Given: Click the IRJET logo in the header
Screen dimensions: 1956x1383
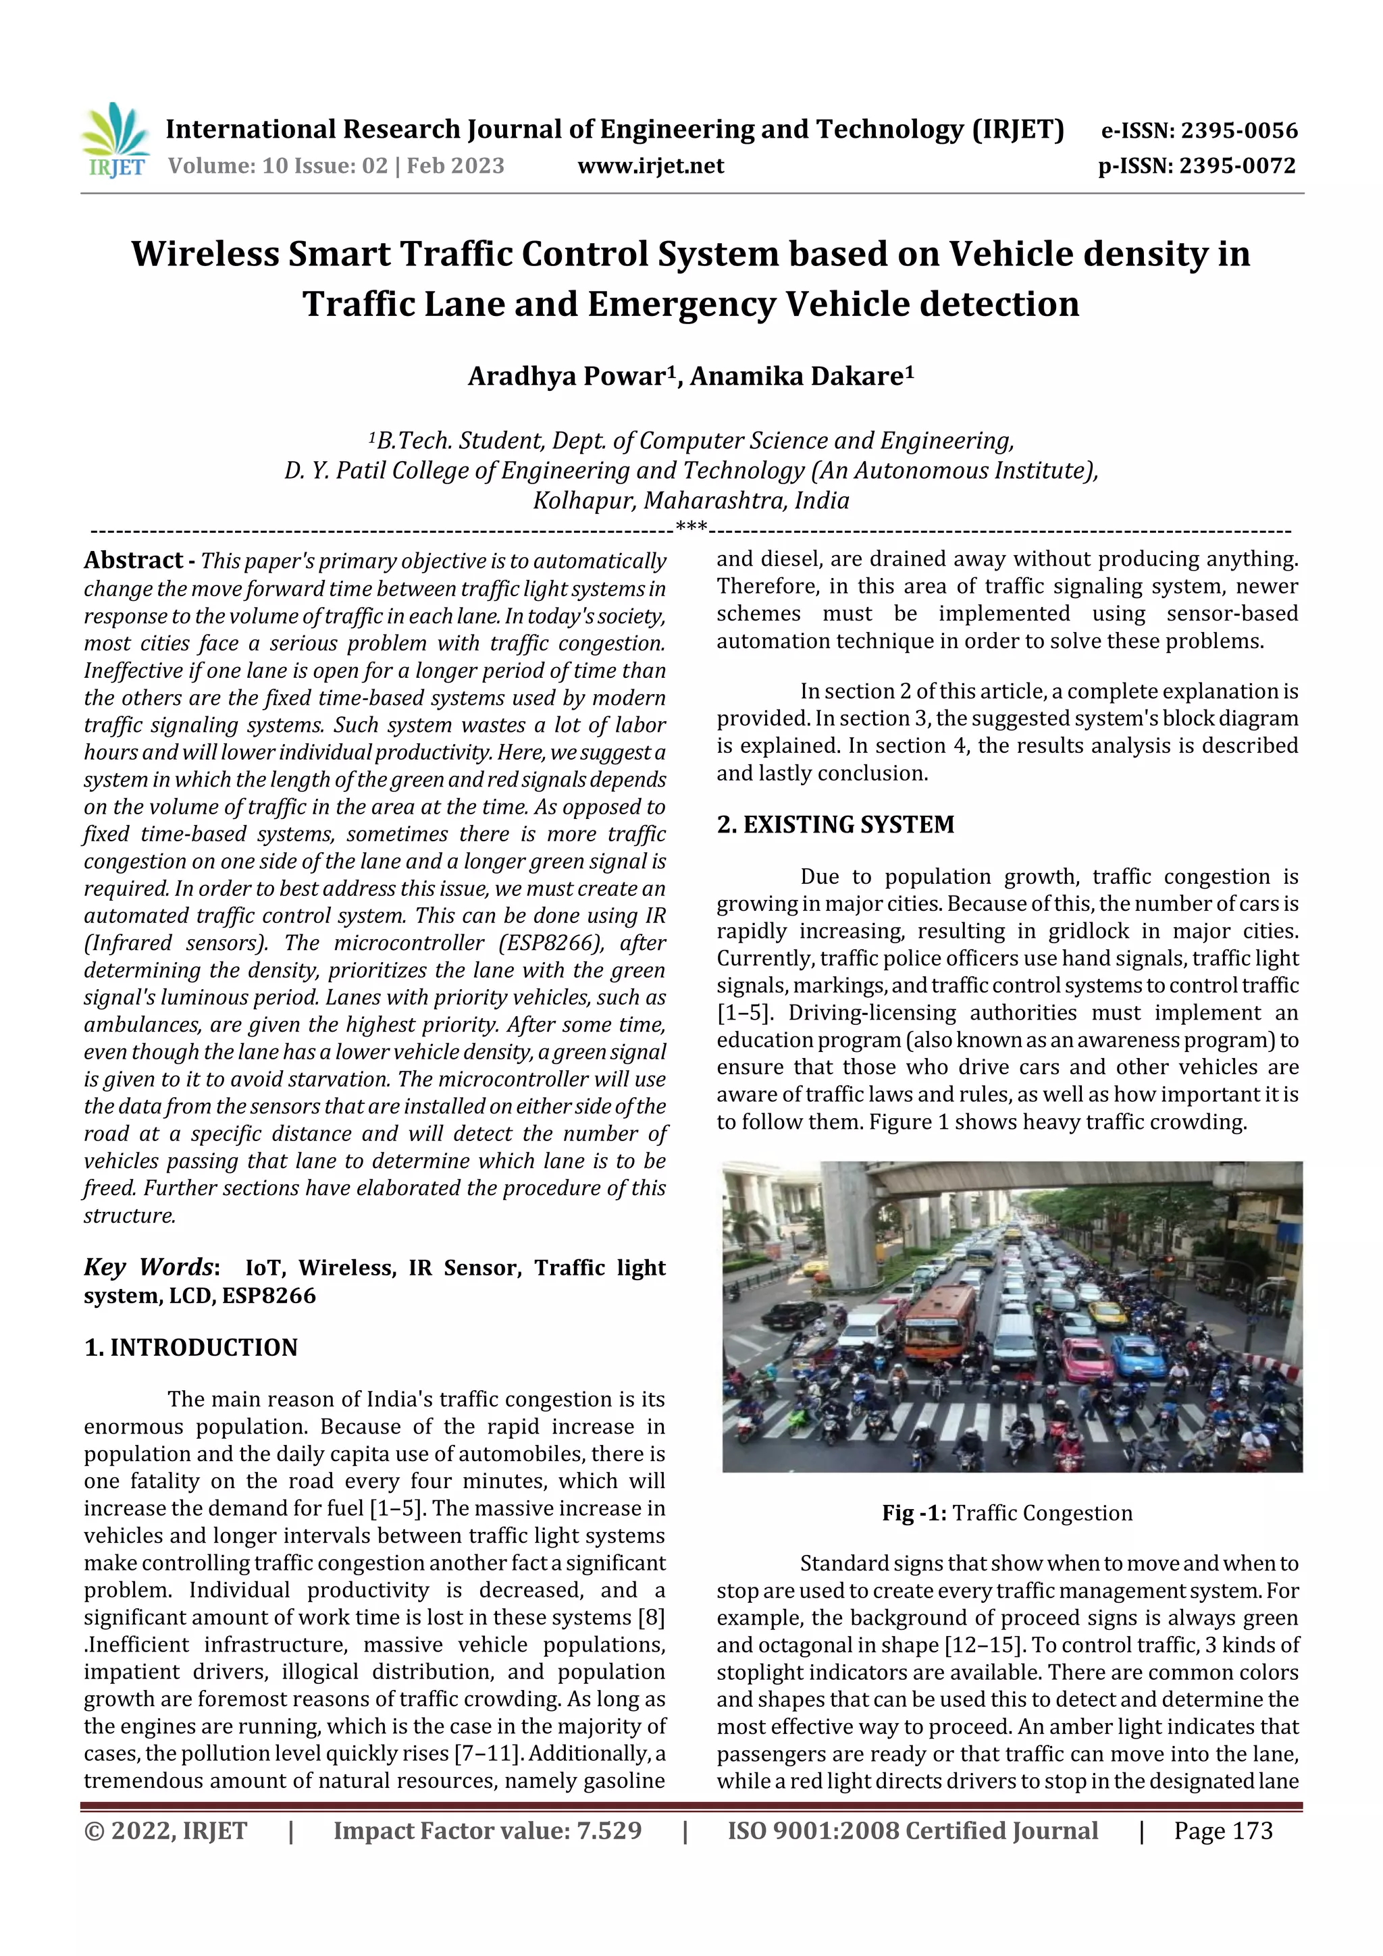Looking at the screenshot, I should tap(116, 141).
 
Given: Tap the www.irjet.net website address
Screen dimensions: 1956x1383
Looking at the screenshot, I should tap(650, 166).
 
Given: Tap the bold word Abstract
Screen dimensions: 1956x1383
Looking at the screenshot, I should tap(133, 560).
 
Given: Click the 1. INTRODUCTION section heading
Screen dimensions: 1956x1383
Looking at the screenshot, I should tap(191, 1347).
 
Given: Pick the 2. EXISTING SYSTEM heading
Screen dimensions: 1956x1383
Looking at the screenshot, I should tap(835, 824).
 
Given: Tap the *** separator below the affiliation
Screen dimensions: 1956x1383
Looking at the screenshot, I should tap(691, 527).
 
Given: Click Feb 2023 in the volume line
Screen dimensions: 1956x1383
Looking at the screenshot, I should tap(455, 166).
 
